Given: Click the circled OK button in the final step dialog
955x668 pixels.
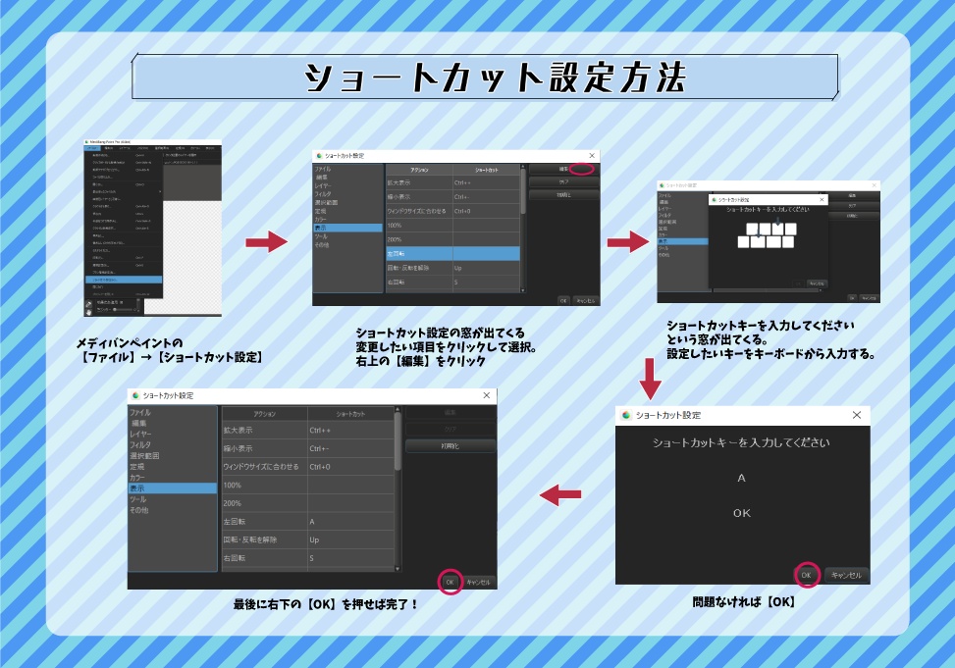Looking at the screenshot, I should [450, 582].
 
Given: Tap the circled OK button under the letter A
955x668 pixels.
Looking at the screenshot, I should [806, 575].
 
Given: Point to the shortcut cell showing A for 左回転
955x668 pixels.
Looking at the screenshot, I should [349, 521].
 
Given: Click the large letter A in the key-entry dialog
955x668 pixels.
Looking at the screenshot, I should [741, 478].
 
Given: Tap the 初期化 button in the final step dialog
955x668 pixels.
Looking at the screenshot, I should [450, 445].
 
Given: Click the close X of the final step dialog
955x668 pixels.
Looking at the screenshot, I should [487, 395].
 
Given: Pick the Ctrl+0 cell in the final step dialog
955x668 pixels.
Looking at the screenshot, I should [349, 466].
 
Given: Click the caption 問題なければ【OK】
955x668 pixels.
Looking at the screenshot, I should [742, 601].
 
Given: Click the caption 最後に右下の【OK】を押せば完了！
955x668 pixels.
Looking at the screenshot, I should [325, 604].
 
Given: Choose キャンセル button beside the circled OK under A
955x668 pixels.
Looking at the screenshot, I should [846, 575].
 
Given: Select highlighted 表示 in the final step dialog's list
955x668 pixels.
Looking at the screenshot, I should [172, 488].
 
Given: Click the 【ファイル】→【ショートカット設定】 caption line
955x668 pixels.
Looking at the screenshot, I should [170, 357].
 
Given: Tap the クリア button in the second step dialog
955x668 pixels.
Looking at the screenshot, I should [563, 181].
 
